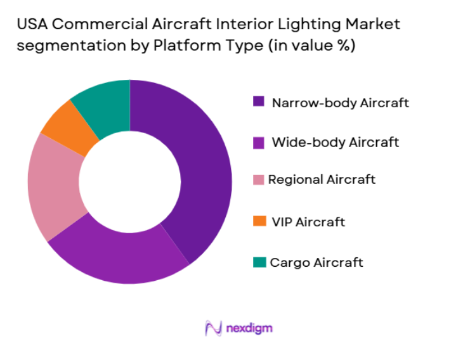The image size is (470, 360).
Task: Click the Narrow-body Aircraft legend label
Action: click(340, 103)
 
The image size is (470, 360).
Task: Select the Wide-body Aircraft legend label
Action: click(335, 142)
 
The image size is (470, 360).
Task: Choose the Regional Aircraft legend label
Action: click(322, 179)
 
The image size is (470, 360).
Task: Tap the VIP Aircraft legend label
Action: click(308, 222)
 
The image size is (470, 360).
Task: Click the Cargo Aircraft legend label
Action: click(316, 262)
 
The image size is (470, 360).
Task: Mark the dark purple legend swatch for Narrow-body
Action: click(258, 101)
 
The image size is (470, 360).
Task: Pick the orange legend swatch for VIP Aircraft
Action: click(259, 221)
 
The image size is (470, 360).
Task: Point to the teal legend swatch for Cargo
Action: click(259, 262)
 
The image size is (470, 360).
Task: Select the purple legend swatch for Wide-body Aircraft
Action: click(258, 143)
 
